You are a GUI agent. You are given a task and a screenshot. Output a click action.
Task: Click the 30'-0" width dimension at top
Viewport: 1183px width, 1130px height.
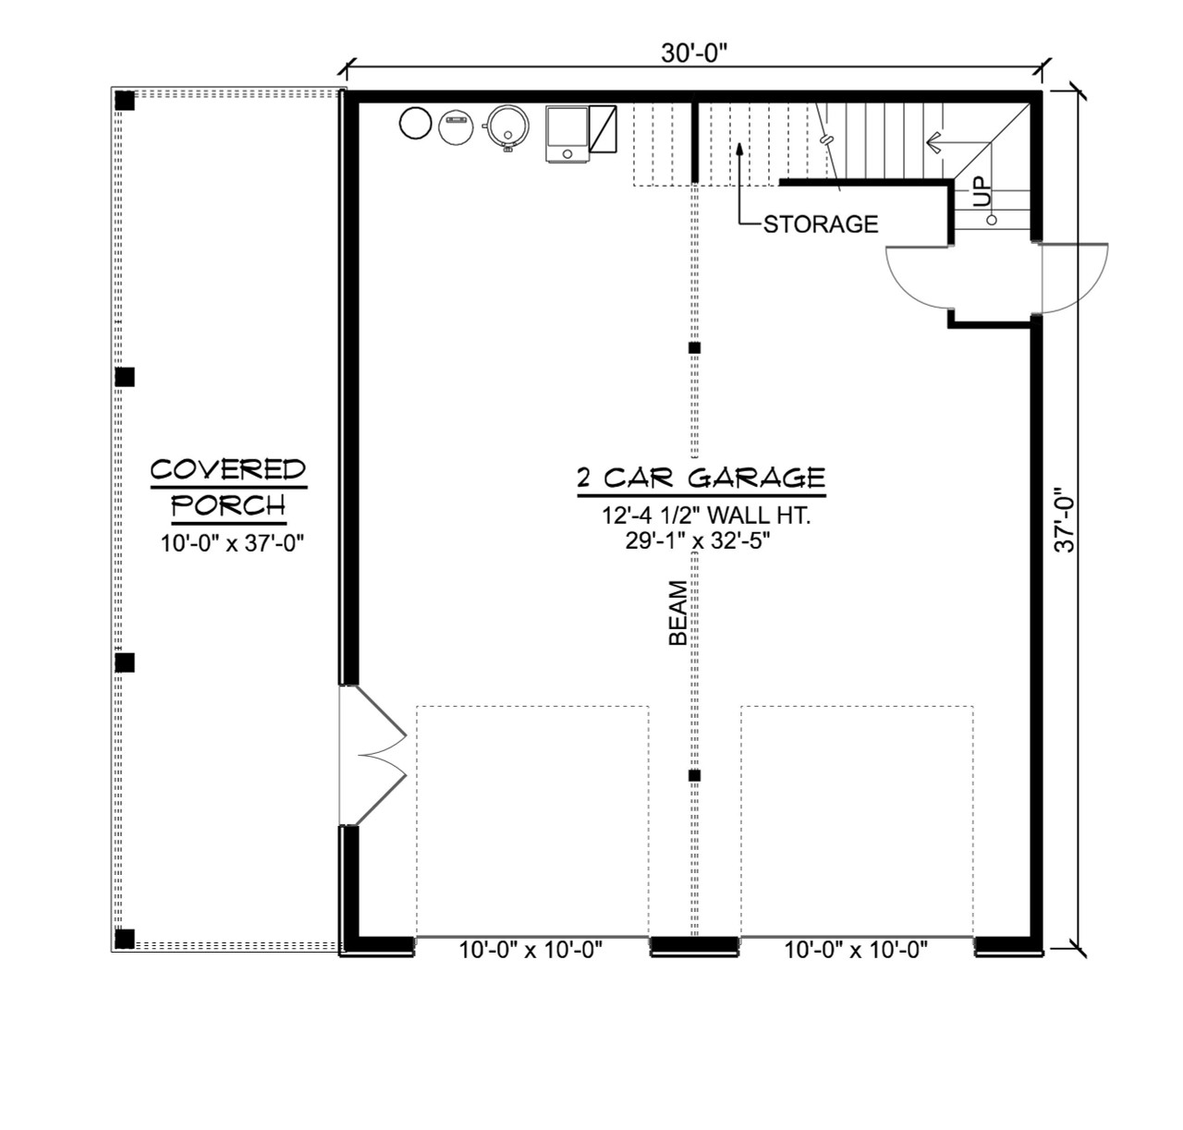[x=694, y=54]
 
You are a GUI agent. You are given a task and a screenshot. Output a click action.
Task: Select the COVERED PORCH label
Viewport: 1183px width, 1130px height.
[x=228, y=487]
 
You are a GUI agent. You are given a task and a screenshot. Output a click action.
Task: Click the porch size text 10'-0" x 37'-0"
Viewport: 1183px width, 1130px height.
[x=233, y=543]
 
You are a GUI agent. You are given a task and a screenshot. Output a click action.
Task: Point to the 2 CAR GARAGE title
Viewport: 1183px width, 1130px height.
[x=701, y=478]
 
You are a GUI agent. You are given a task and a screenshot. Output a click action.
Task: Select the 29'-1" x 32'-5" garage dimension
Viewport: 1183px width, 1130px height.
[x=697, y=541]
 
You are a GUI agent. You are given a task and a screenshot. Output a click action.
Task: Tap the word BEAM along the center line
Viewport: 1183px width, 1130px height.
[x=678, y=613]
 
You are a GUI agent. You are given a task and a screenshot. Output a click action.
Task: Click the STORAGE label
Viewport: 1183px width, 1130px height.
[x=821, y=224]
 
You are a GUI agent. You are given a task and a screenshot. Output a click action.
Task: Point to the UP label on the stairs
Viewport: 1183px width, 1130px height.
[x=981, y=191]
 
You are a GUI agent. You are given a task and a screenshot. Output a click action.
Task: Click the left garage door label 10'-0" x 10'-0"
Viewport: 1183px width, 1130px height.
[x=531, y=950]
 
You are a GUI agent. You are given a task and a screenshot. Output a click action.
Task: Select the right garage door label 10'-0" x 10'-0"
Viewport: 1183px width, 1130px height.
[x=856, y=950]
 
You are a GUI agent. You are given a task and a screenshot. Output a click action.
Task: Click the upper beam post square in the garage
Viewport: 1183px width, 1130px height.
[x=695, y=348]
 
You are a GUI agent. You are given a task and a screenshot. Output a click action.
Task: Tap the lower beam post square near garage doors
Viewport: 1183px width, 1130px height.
[x=695, y=775]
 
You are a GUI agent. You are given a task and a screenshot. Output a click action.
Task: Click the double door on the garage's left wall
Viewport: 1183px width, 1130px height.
[x=372, y=755]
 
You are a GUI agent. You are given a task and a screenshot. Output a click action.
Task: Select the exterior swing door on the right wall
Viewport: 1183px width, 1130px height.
[x=1072, y=278]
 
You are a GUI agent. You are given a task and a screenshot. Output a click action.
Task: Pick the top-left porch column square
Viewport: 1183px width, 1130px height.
[x=125, y=100]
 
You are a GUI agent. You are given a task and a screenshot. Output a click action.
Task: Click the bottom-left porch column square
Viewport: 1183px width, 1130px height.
[x=125, y=940]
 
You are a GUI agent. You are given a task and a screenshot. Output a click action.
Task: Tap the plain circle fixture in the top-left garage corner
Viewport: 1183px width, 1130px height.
[x=416, y=123]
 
